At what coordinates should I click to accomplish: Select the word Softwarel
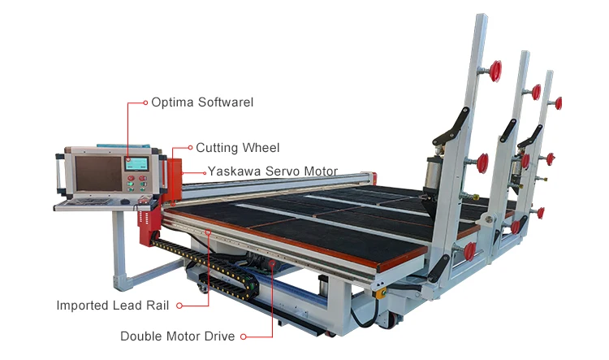pyautogui.click(x=225, y=102)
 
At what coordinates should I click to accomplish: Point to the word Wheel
pyautogui.click(x=261, y=148)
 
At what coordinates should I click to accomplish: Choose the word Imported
pyautogui.click(x=84, y=306)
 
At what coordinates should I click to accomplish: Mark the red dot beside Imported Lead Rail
pyautogui.click(x=179, y=306)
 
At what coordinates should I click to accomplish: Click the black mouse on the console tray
pyautogui.click(x=123, y=201)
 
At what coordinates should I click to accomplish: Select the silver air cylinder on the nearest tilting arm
pyautogui.click(x=433, y=172)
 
